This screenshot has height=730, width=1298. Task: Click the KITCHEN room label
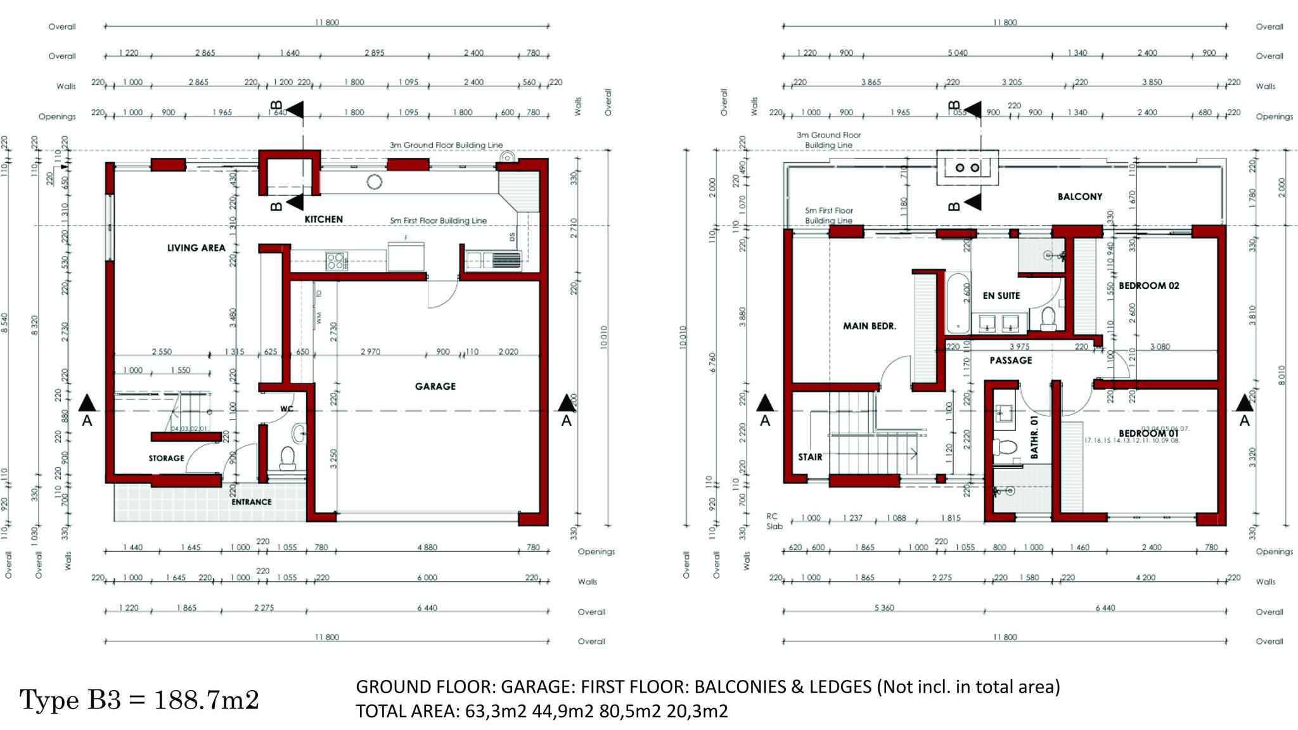[323, 219]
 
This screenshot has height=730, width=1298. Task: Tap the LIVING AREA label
[196, 248]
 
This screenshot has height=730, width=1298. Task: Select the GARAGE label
[435, 386]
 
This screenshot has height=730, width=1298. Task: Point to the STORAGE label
[166, 458]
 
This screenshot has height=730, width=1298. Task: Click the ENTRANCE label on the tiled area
[251, 502]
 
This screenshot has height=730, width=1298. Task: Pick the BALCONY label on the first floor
[1079, 196]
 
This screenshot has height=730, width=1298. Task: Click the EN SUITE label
[1001, 295]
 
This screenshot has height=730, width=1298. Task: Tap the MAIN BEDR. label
[869, 326]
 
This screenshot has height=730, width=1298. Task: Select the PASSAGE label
[1010, 360]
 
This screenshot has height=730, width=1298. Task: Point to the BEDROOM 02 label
[1148, 286]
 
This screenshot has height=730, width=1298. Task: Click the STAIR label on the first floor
[810, 457]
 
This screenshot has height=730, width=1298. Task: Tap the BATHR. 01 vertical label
[1034, 437]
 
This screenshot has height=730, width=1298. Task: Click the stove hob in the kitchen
[336, 260]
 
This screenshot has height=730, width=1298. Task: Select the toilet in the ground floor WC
[288, 458]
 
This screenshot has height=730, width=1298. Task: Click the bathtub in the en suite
[958, 303]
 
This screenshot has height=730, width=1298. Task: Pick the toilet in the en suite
[1048, 319]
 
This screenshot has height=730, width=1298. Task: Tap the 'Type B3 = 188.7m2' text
[139, 700]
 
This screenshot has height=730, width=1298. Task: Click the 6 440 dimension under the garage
[427, 608]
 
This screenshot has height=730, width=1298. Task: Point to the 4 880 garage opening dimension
[427, 547]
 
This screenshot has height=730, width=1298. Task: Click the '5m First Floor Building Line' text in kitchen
[438, 221]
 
